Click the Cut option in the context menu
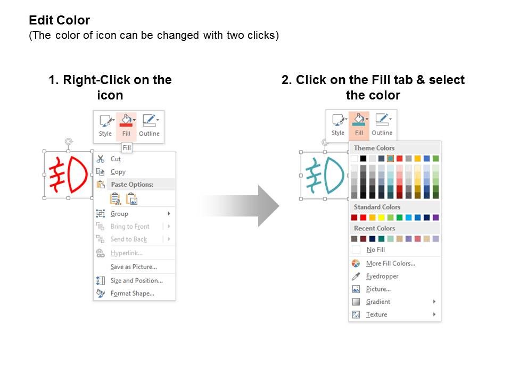click(116, 159)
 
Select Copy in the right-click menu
click(118, 172)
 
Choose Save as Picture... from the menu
click(134, 267)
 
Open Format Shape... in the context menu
click(133, 294)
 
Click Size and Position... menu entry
click(136, 280)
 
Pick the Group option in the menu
click(119, 214)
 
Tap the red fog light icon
click(68, 174)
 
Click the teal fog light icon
click(325, 175)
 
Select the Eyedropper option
click(382, 276)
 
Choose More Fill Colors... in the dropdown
click(390, 263)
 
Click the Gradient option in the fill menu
click(378, 302)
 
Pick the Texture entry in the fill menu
click(376, 314)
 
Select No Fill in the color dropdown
click(375, 249)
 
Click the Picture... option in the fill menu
click(378, 289)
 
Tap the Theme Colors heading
click(374, 148)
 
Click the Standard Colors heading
click(377, 207)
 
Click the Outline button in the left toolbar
click(149, 127)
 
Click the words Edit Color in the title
click(59, 20)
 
